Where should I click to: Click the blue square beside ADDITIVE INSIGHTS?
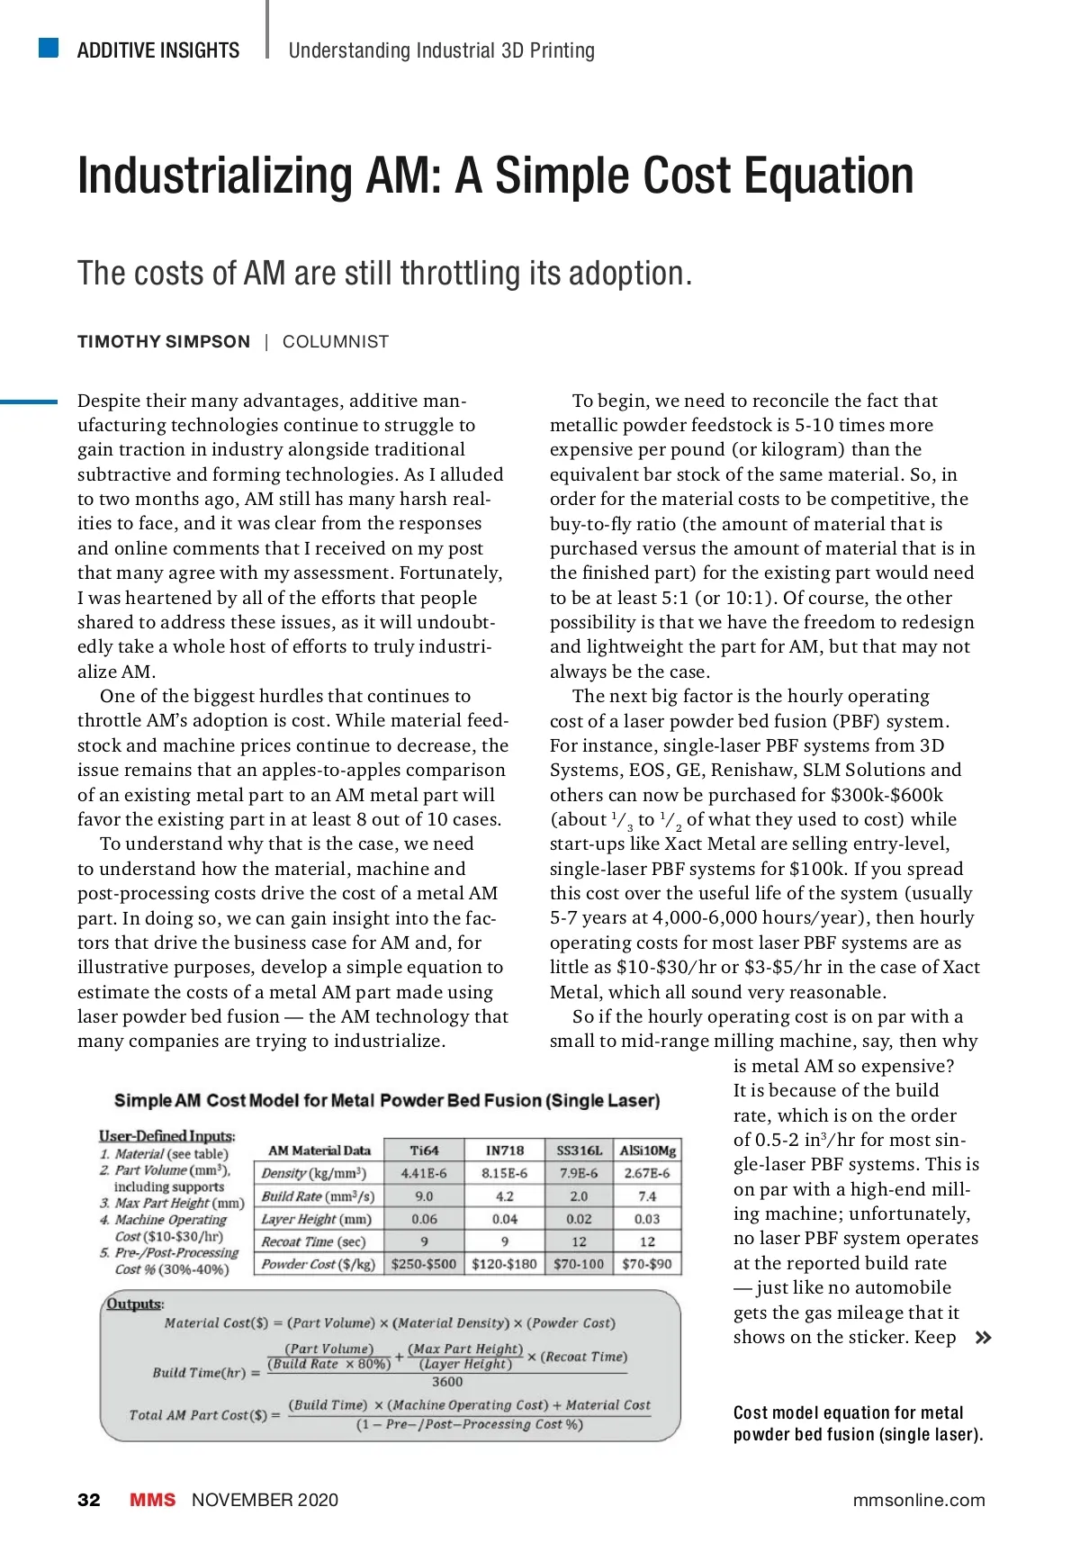click(x=49, y=48)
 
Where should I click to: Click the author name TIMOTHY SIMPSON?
click(x=164, y=342)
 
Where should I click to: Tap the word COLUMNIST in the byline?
click(x=336, y=342)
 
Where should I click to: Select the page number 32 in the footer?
click(x=89, y=1500)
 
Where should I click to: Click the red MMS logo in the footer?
click(x=153, y=1500)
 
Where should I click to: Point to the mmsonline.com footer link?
click(x=919, y=1500)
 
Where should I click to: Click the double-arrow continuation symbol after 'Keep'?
click(x=984, y=1338)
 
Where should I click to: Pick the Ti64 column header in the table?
click(x=424, y=1150)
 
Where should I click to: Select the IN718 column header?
click(x=504, y=1150)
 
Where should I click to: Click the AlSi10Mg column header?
click(x=647, y=1150)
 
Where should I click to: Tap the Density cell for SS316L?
click(x=579, y=1173)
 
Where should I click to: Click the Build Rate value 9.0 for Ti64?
click(x=424, y=1196)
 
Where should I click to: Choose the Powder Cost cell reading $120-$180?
click(x=504, y=1264)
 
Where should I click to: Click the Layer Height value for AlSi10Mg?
click(x=647, y=1219)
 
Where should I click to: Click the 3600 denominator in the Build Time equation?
click(x=447, y=1382)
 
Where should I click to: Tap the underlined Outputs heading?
click(x=134, y=1304)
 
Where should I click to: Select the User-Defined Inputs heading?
click(x=166, y=1136)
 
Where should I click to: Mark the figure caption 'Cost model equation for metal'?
click(x=848, y=1412)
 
